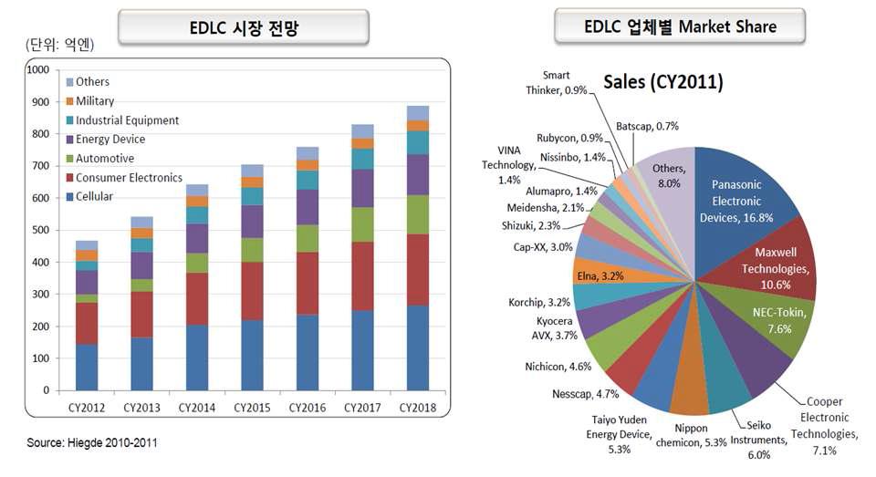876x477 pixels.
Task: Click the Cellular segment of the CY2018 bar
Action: pos(418,347)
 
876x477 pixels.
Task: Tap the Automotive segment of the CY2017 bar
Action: pos(363,224)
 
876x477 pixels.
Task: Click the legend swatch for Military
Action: pos(68,101)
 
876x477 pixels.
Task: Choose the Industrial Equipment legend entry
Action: pos(127,120)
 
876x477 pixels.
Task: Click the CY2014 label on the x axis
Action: pos(197,407)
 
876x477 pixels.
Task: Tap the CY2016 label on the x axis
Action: pos(308,407)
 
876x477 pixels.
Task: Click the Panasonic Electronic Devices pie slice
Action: pos(735,196)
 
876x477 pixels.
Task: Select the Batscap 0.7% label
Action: pos(647,125)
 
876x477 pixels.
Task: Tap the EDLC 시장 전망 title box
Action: pos(244,27)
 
